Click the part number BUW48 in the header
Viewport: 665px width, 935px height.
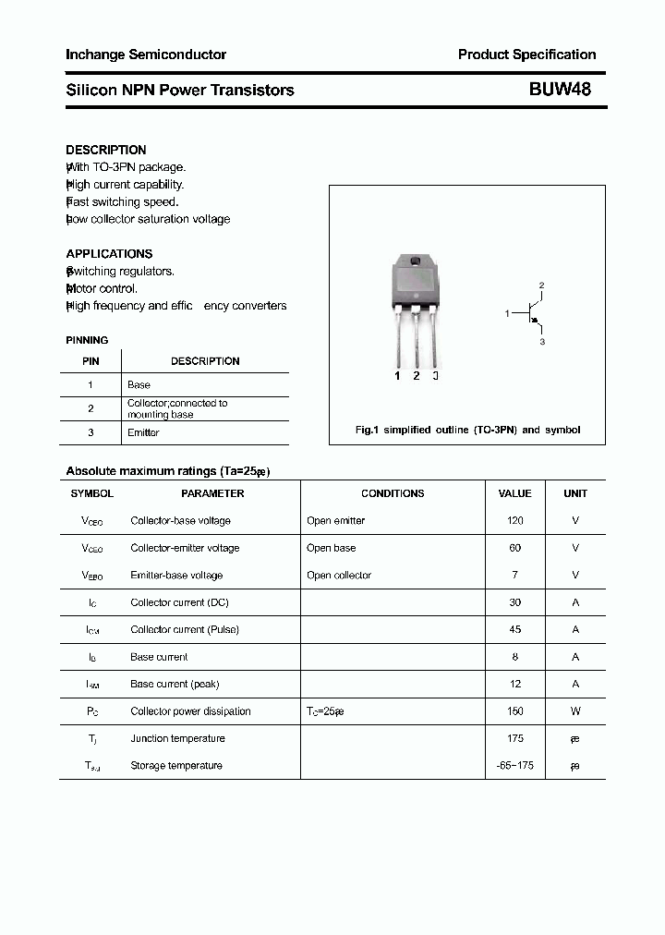[x=560, y=90]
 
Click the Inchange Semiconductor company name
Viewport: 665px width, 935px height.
[x=146, y=55]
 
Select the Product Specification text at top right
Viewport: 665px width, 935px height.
[x=526, y=55]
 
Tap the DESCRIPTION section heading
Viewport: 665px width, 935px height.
[x=106, y=150]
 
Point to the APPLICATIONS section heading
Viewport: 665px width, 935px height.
[x=109, y=253]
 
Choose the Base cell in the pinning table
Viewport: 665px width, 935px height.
[x=139, y=384]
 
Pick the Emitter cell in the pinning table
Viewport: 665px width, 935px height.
[x=143, y=432]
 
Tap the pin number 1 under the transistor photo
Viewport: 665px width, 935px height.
[x=397, y=375]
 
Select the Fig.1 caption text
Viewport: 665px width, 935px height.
[x=467, y=430]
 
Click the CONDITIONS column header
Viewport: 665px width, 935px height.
[x=393, y=493]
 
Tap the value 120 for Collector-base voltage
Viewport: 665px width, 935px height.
[x=514, y=520]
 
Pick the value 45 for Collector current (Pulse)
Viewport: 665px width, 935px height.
[x=514, y=629]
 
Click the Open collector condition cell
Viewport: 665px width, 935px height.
[x=339, y=575]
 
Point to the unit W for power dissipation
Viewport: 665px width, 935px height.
[x=574, y=711]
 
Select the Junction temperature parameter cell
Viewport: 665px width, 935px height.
[x=177, y=738]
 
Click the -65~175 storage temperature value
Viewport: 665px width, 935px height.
[x=514, y=765]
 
